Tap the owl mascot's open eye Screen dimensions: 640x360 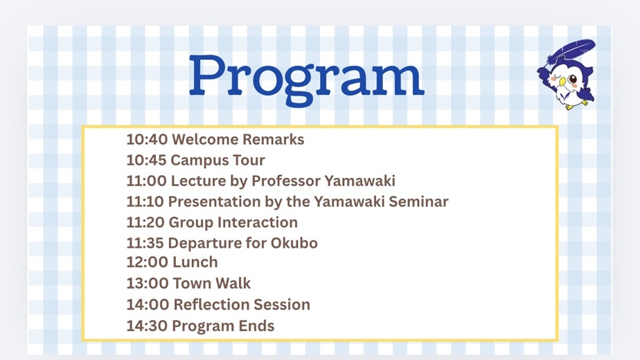(x=573, y=79)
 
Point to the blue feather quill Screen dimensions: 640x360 (x=571, y=52)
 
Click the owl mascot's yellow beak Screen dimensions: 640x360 (x=562, y=82)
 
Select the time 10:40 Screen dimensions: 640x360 (x=147, y=139)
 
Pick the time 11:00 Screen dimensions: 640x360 (x=147, y=181)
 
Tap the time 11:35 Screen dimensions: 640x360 (x=145, y=243)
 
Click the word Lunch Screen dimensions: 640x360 (x=195, y=262)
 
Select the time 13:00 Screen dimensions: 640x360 (x=148, y=283)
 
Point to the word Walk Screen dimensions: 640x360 (x=233, y=283)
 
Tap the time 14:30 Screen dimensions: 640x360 (x=147, y=325)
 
